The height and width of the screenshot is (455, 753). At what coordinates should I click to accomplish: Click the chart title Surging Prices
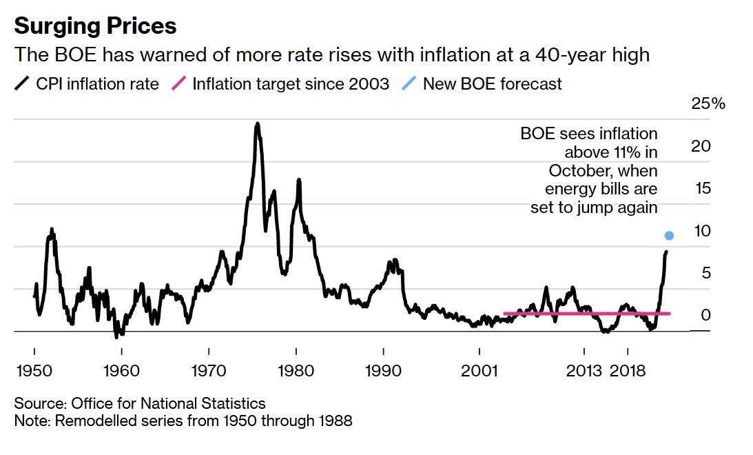pyautogui.click(x=95, y=26)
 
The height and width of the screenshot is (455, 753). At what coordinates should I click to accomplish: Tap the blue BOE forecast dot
pyautogui.click(x=668, y=236)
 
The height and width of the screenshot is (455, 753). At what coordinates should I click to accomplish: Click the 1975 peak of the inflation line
pyautogui.click(x=257, y=125)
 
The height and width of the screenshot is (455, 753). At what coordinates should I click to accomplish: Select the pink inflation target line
pyautogui.click(x=586, y=314)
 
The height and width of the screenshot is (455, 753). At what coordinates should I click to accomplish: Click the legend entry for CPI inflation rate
pyautogui.click(x=87, y=84)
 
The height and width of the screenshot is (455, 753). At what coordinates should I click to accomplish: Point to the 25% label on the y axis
pyautogui.click(x=708, y=104)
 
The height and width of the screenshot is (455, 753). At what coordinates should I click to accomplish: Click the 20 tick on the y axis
pyautogui.click(x=700, y=146)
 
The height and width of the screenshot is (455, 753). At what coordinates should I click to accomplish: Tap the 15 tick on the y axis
pyautogui.click(x=700, y=188)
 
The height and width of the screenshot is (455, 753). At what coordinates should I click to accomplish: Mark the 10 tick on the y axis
pyautogui.click(x=701, y=231)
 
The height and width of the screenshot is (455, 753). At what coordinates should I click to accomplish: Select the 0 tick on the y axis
pyautogui.click(x=704, y=315)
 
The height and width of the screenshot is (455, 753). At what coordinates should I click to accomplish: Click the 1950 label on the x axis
pyautogui.click(x=34, y=371)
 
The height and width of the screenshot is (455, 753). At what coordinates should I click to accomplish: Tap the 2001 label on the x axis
pyautogui.click(x=479, y=371)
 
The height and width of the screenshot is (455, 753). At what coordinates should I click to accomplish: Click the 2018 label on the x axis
pyautogui.click(x=627, y=371)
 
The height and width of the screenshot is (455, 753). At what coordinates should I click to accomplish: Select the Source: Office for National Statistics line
pyautogui.click(x=139, y=403)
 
